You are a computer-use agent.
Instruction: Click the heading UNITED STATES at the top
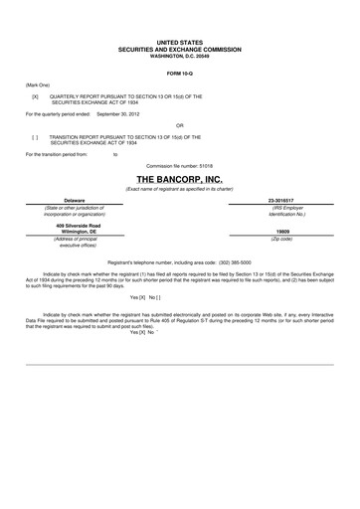(180, 43)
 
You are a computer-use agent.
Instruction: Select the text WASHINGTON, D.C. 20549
(180, 55)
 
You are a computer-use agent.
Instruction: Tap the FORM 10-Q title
(180, 75)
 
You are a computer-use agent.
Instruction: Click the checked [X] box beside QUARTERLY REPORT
(35, 96)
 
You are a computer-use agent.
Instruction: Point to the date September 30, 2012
(121, 114)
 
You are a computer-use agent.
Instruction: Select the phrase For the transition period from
(56, 155)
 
